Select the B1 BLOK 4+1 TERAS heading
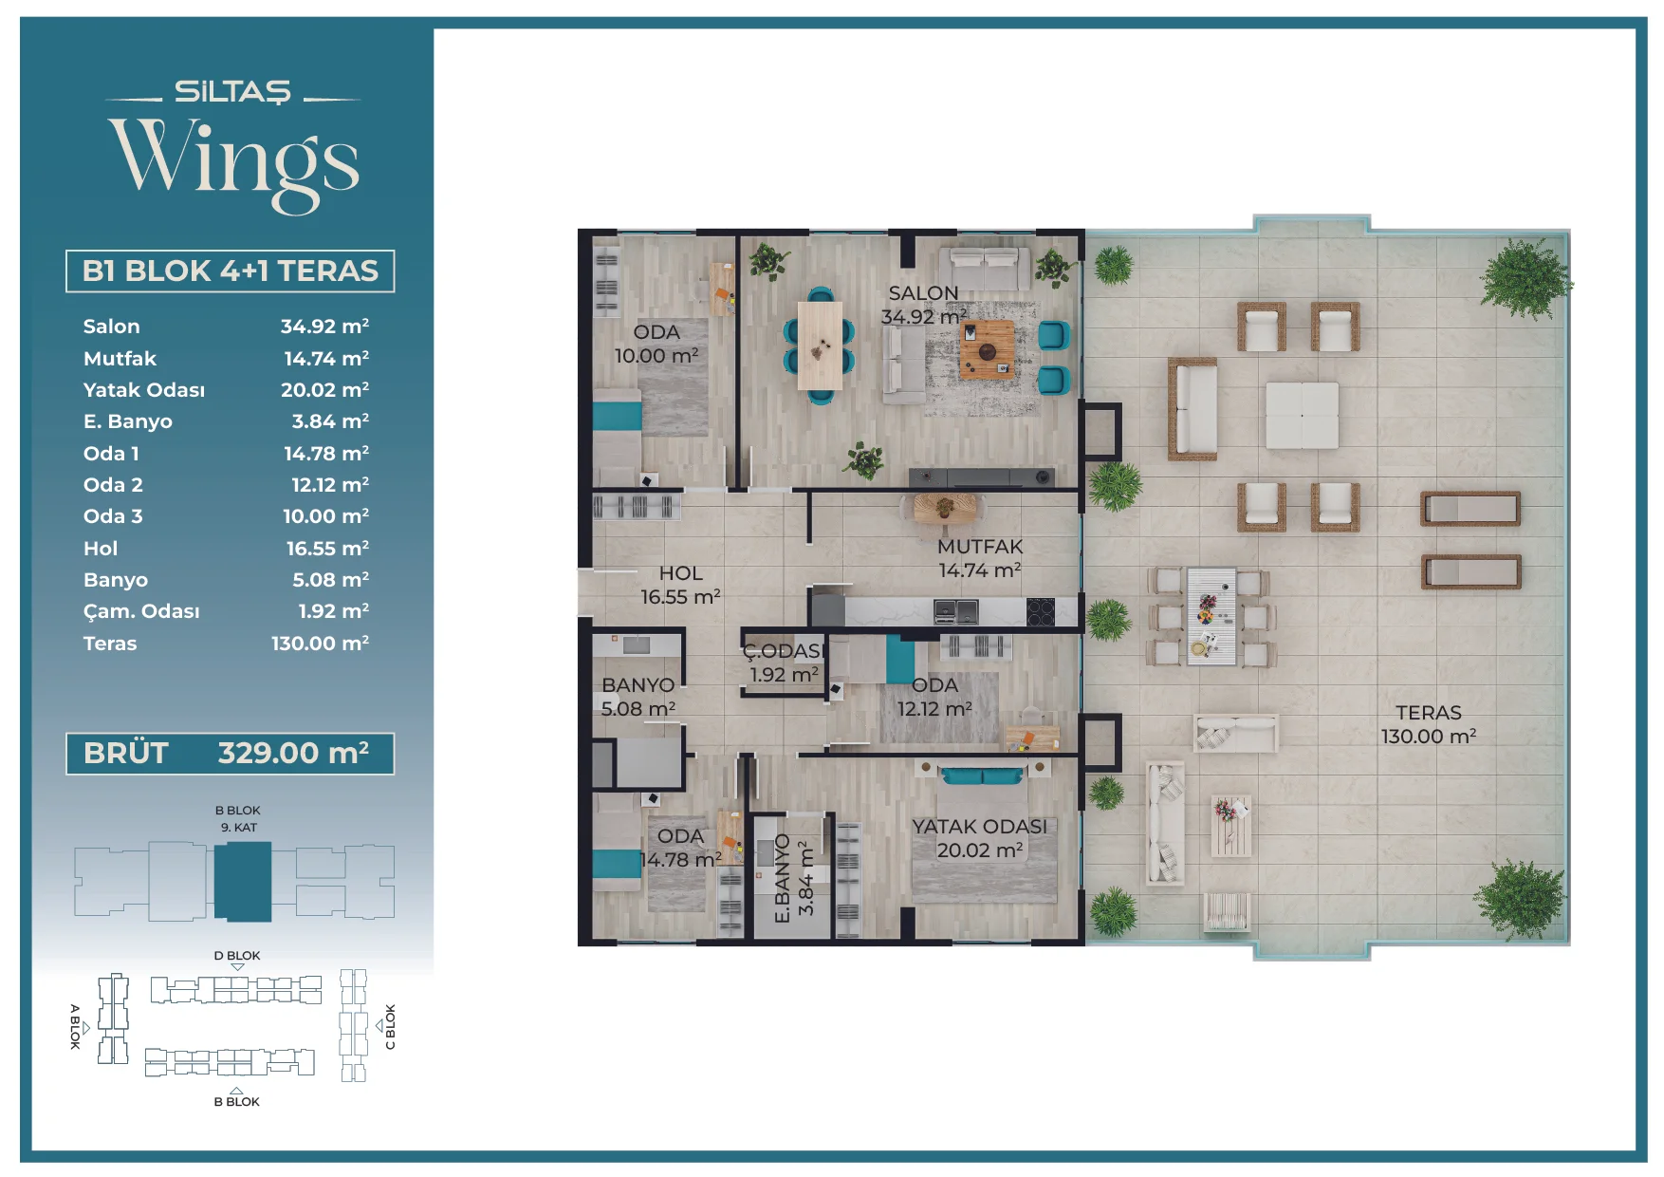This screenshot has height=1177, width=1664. [231, 271]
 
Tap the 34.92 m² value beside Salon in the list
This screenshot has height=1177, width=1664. [324, 327]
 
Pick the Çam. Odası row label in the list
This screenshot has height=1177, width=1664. [141, 612]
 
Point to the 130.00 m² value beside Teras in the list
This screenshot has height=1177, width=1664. [320, 644]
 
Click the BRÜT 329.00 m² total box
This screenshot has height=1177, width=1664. [230, 754]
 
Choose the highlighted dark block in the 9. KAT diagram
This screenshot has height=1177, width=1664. [243, 882]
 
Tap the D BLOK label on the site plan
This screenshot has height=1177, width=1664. [237, 956]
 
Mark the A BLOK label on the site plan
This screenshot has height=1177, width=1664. [75, 1026]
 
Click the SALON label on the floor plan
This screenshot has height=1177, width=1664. [923, 293]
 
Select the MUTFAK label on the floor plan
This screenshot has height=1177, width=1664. [980, 547]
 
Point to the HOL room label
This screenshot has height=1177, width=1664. [681, 573]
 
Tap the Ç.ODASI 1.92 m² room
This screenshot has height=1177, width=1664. [784, 663]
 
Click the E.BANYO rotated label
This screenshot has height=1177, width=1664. [783, 879]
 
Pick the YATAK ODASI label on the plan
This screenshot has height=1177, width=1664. [979, 827]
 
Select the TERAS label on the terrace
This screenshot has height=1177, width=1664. [1429, 713]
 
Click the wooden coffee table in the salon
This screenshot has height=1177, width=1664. [987, 349]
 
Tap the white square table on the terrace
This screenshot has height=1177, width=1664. [1302, 416]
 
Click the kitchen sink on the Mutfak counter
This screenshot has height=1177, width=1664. [955, 612]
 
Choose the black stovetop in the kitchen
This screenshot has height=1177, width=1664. [1041, 612]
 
